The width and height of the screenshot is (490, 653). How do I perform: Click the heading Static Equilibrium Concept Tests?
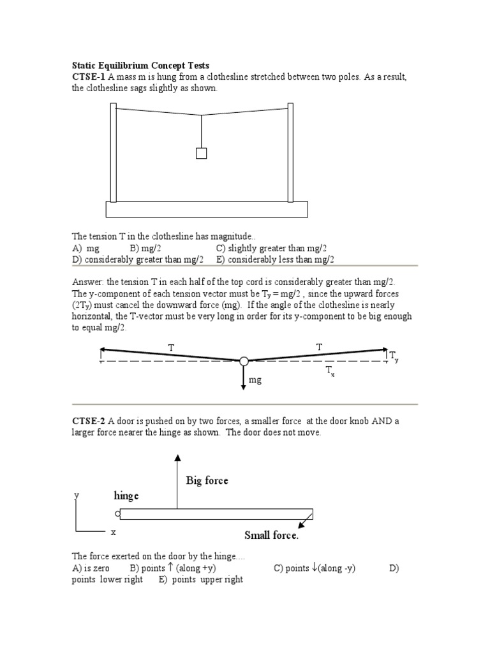pyautogui.click(x=140, y=66)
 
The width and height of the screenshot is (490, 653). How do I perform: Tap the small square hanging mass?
pyautogui.click(x=201, y=153)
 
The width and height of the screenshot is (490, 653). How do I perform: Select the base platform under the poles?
pyautogui.click(x=206, y=209)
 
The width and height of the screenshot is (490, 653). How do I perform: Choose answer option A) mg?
pyautogui.click(x=86, y=248)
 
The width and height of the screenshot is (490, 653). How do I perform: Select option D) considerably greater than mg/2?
pyautogui.click(x=138, y=259)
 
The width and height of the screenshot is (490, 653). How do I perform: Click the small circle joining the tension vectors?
pyautogui.click(x=244, y=362)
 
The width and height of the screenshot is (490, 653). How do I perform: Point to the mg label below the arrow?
pyautogui.click(x=255, y=379)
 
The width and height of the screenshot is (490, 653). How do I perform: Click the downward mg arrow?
pyautogui.click(x=244, y=377)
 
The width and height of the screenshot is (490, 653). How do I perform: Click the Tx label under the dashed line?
pyautogui.click(x=330, y=372)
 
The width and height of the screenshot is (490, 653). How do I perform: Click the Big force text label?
pyautogui.click(x=207, y=480)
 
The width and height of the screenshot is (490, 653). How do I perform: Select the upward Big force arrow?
pyautogui.click(x=177, y=481)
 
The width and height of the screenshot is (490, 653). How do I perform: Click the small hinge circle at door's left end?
pyautogui.click(x=117, y=514)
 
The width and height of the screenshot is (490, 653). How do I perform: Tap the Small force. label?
pyautogui.click(x=271, y=535)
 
